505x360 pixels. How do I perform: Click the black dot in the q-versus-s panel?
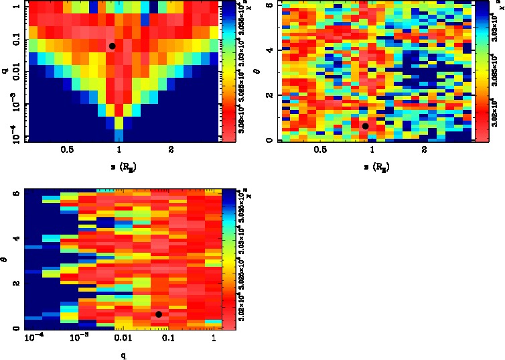click(x=113, y=46)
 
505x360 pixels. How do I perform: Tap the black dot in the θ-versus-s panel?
click(x=365, y=126)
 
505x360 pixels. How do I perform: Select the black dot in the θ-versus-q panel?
click(x=159, y=314)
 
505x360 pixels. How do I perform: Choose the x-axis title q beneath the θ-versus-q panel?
click(x=123, y=355)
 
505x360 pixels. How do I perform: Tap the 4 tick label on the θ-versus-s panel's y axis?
click(x=269, y=50)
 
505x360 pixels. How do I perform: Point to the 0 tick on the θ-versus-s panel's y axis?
click(x=269, y=140)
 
